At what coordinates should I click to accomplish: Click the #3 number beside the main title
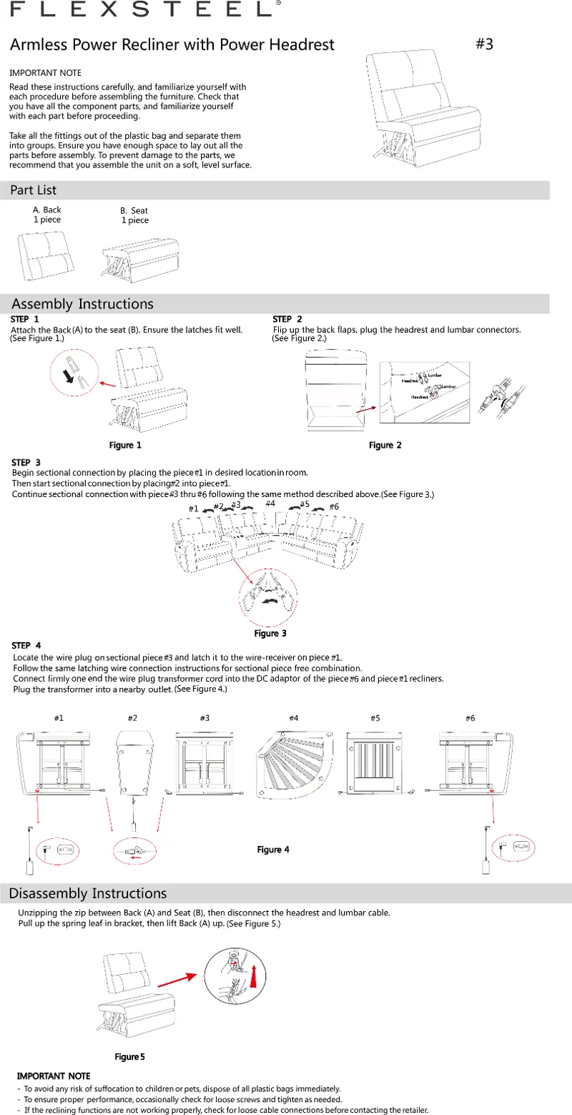(484, 44)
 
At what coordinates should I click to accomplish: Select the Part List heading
(33, 190)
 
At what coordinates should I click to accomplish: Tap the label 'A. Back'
(47, 210)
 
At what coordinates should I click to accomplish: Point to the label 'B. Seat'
(134, 211)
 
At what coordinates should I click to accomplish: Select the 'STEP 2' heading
(288, 318)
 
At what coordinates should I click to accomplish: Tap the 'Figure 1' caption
(124, 446)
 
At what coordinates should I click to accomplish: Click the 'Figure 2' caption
(385, 446)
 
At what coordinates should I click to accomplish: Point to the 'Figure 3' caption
(270, 633)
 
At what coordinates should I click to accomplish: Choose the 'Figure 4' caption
(273, 849)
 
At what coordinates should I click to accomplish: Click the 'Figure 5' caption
(130, 1056)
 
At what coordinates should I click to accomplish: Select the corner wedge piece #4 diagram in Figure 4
(295, 764)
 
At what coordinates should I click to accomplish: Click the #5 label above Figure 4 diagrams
(375, 718)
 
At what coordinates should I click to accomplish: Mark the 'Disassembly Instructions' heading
(88, 893)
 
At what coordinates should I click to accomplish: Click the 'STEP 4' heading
(26, 646)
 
